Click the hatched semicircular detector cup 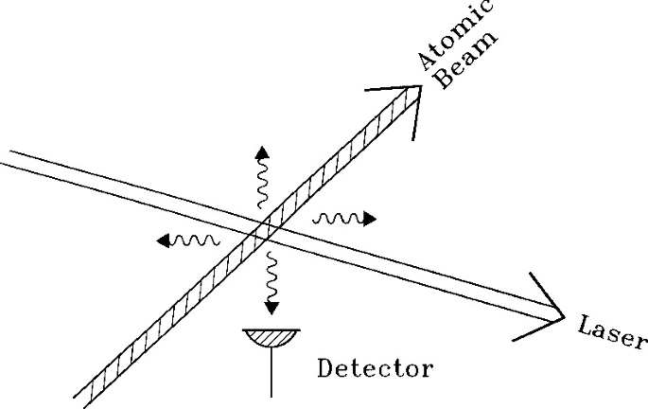(271, 335)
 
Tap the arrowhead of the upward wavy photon (261, 152)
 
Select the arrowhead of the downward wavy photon (272, 307)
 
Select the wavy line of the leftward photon (196, 240)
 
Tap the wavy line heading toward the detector (271, 276)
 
